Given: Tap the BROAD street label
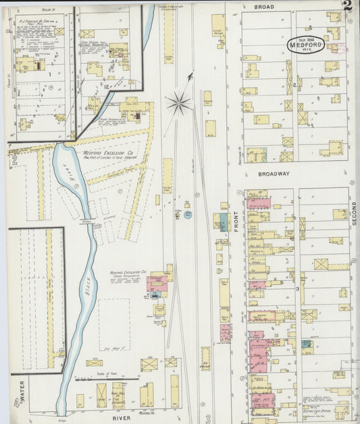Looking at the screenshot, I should coord(263,6).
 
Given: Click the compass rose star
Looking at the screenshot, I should coord(178,103).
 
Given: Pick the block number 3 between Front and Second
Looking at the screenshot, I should coord(297,289).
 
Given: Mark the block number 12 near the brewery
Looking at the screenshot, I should coord(106,86).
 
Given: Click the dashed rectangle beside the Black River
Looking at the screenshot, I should coord(114,324).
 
